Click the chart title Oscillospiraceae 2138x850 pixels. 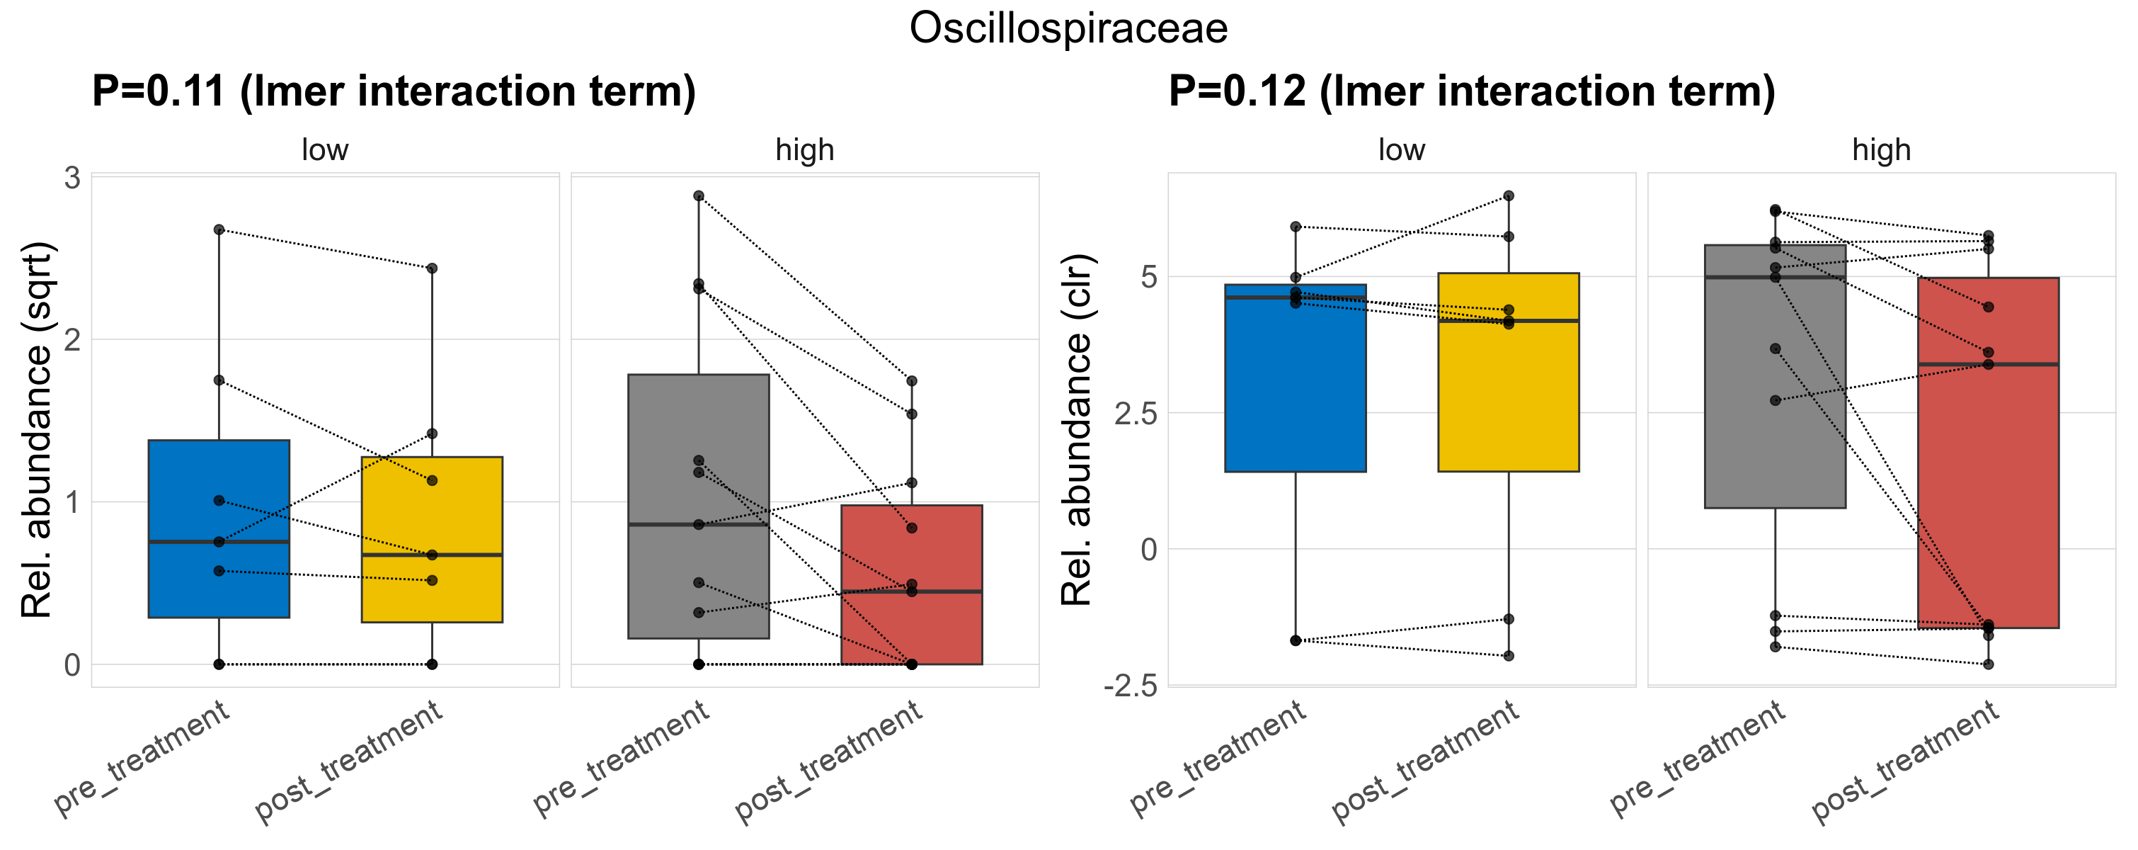point(1068,28)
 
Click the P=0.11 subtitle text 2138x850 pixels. point(394,91)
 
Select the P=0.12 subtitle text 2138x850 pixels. point(1472,91)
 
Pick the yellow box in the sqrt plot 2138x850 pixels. point(432,515)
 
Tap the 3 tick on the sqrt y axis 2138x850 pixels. point(73,178)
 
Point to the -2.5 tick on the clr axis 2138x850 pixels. point(1131,686)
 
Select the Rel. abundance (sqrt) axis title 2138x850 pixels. point(37,430)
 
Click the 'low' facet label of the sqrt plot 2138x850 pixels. point(324,150)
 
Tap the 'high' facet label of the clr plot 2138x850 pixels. point(1881,150)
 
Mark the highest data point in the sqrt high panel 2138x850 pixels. point(699,196)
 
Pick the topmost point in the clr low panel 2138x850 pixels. point(1509,196)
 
